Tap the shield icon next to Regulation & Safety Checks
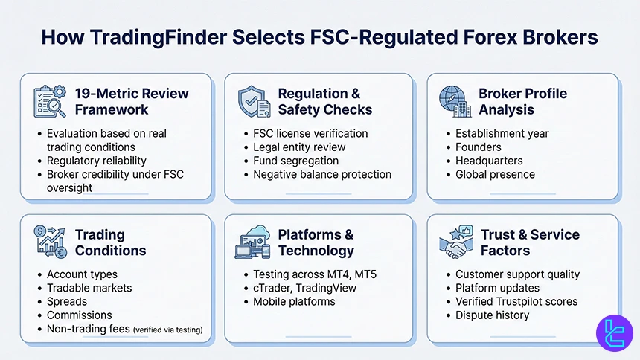point(252,101)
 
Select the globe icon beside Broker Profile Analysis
point(454,101)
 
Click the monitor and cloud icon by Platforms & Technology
point(252,242)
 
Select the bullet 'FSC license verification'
point(310,133)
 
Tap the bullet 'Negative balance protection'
point(321,174)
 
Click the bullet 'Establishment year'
point(502,133)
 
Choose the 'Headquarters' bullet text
point(488,161)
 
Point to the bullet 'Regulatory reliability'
point(96,161)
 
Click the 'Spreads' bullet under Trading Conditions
point(67,302)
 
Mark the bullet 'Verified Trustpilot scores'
point(516,301)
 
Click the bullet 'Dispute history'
point(492,315)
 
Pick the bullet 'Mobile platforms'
point(294,301)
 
